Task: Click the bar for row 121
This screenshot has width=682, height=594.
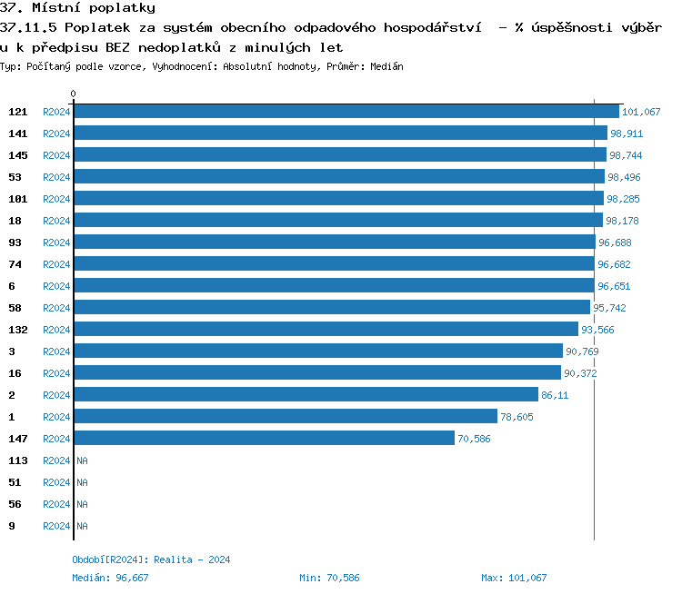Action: click(346, 112)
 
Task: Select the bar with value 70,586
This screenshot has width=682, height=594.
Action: click(264, 439)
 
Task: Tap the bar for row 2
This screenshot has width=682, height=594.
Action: click(306, 395)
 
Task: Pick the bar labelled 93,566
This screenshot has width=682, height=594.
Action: click(326, 330)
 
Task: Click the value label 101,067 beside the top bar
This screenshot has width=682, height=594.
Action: click(641, 112)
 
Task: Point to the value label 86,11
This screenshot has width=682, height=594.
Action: click(555, 395)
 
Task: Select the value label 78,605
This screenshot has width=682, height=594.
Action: click(517, 417)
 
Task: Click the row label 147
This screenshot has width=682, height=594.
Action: click(18, 439)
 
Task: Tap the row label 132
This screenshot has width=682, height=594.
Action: click(18, 330)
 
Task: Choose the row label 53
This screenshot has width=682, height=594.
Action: click(15, 177)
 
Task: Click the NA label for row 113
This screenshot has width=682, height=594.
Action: click(82, 460)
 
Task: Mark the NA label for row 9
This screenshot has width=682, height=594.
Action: click(82, 526)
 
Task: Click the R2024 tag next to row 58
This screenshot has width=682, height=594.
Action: click(56, 308)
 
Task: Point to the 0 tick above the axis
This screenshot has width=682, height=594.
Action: click(74, 94)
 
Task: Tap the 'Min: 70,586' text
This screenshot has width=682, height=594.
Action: click(329, 578)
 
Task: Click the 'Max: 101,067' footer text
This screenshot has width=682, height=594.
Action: click(514, 578)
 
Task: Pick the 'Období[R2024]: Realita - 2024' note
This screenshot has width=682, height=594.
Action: click(151, 559)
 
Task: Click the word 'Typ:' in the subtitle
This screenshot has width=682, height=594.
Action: click(10, 66)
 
